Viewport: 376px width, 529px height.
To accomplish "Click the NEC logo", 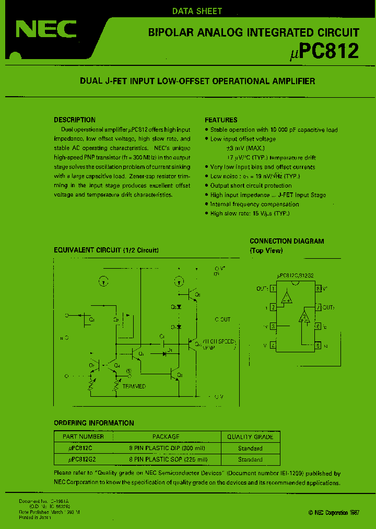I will click(46, 30).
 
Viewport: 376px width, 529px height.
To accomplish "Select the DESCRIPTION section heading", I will click(75, 120).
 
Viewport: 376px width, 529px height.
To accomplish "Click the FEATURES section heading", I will click(221, 120).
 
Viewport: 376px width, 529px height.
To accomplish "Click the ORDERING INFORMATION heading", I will click(94, 423).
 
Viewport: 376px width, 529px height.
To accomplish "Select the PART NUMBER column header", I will click(83, 436).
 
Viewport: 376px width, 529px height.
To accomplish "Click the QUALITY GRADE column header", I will click(250, 436).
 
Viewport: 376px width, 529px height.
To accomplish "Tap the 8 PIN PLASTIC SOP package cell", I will click(169, 459).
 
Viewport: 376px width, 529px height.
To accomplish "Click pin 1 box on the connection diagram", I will click(273, 289).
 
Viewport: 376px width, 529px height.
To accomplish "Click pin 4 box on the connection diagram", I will click(273, 346).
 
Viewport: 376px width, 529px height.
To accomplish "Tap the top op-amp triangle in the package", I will click(286, 298).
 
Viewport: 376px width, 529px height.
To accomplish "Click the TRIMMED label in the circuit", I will click(134, 386).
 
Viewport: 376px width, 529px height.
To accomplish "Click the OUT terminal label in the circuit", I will click(222, 319).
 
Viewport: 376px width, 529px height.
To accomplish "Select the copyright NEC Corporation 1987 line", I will click(334, 513).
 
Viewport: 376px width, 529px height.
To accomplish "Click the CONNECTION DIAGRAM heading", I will click(287, 241).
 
